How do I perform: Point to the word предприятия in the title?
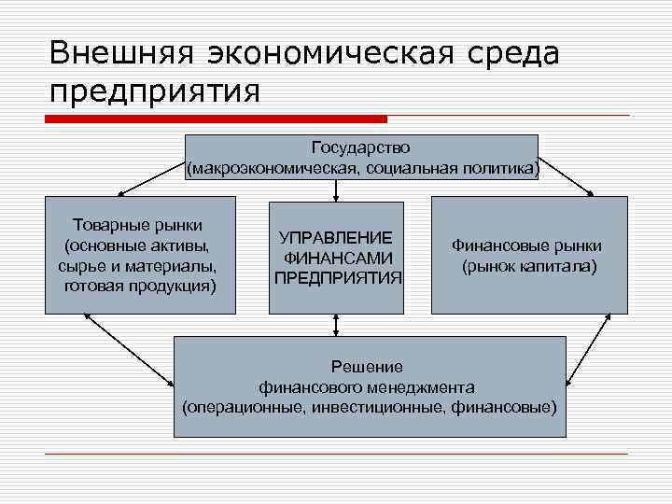click(154, 92)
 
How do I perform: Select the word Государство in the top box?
click(360, 148)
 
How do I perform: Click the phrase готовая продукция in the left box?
click(140, 284)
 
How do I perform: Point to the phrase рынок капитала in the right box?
click(528, 266)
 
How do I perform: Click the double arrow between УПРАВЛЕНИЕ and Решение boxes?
click(336, 324)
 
